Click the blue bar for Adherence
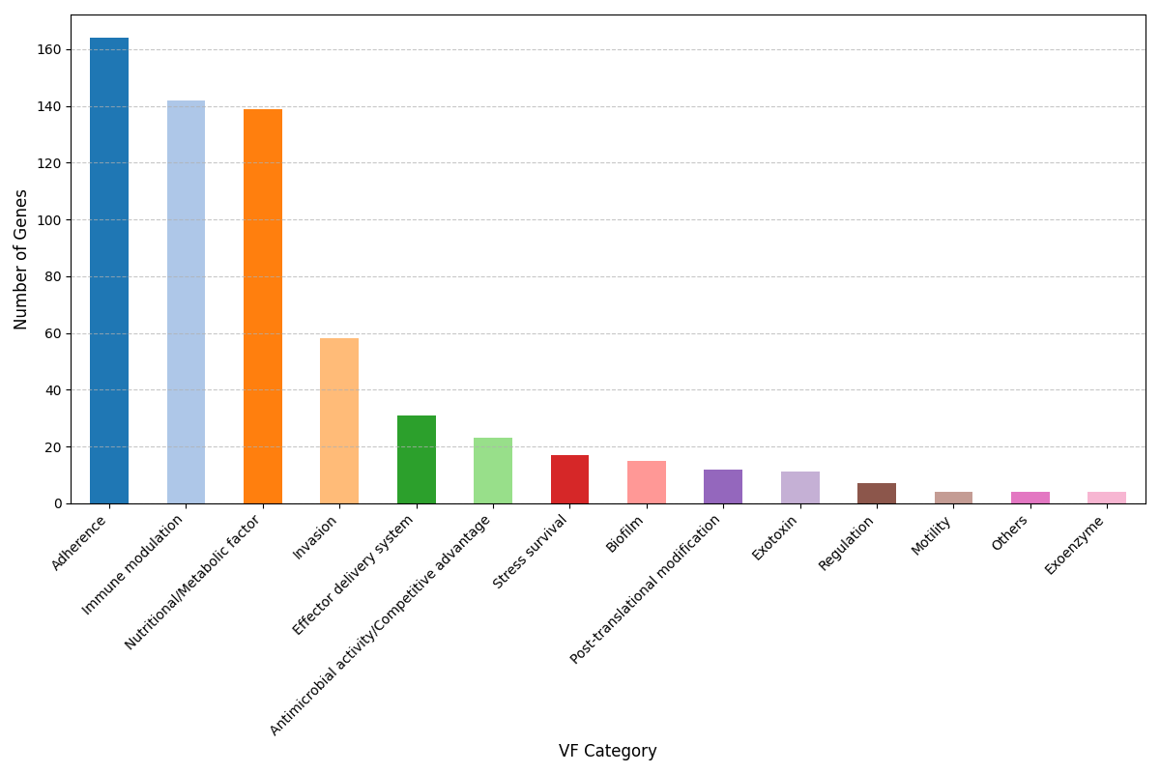pos(109,271)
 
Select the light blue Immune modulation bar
pos(186,301)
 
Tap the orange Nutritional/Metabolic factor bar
pos(263,306)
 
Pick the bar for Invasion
pos(339,421)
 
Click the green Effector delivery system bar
pos(416,460)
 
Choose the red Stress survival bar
pos(569,479)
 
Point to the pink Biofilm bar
pos(646,482)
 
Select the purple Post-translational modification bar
pos(723,487)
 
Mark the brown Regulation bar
pos(877,494)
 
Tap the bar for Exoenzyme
pos(1107,498)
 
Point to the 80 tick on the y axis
pos(53,276)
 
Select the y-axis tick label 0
pos(57,503)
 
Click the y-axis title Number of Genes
pos(22,259)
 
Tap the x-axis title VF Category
pos(607,751)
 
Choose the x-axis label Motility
pos(932,536)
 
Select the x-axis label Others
pos(1010,533)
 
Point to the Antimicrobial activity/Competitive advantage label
pos(381,624)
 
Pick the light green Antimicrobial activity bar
pos(493,471)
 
